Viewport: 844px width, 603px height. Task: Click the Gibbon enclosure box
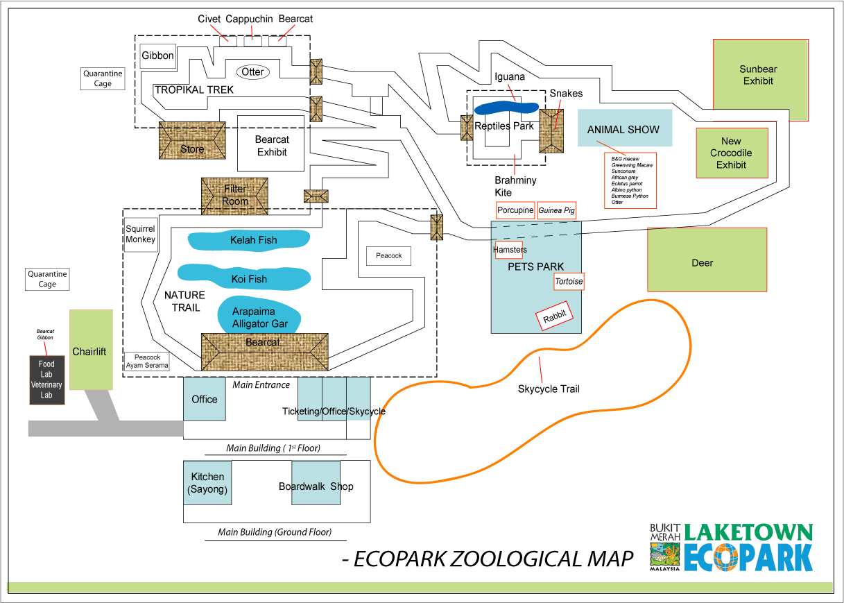coord(158,56)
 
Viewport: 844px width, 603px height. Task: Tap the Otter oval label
coord(253,71)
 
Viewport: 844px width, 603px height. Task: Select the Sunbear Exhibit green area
coord(760,80)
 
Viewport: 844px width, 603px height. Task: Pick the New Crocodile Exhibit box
coord(732,153)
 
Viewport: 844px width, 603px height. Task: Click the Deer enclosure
coord(707,260)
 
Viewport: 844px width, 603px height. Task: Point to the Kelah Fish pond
coord(249,239)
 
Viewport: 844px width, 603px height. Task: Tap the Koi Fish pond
coord(244,277)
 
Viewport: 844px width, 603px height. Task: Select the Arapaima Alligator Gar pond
coord(259,315)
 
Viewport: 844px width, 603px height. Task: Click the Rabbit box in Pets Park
coord(554,316)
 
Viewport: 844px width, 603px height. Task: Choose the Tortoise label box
coord(569,281)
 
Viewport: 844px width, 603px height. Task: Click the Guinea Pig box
coord(556,210)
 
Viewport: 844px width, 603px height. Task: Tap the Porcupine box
coord(515,210)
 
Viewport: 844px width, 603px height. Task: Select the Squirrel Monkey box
coord(141,235)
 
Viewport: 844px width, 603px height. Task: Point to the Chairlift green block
coord(91,350)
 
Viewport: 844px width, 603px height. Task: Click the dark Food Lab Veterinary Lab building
coord(47,380)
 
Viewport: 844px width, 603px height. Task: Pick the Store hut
coord(192,140)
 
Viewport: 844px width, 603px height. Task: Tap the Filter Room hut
coord(234,196)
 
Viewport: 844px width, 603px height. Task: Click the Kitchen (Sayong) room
coord(207,483)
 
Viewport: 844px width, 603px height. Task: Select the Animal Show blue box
coord(625,128)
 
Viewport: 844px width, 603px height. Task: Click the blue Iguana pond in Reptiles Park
coord(506,108)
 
